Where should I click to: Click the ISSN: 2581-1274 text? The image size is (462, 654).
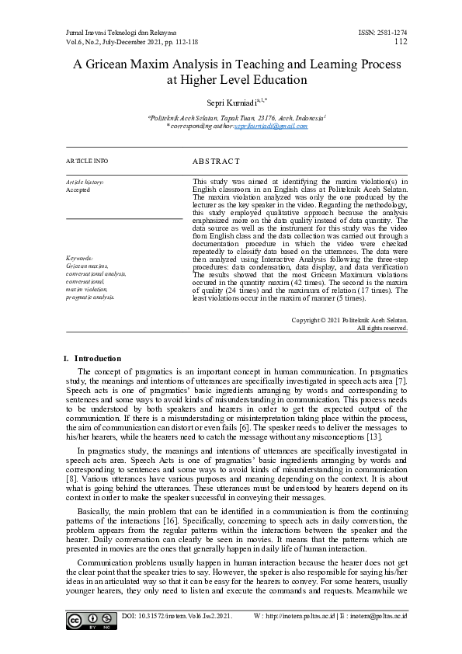tap(383, 33)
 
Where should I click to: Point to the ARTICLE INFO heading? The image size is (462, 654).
tap(88, 161)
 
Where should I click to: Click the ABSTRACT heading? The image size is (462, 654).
tap(216, 161)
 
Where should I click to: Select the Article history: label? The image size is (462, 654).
tap(85, 182)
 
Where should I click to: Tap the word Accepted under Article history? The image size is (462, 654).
tap(78, 190)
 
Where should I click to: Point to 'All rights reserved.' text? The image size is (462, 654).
tap(381, 328)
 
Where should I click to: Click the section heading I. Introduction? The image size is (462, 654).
tap(92, 358)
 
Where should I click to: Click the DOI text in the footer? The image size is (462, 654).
tap(177, 616)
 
